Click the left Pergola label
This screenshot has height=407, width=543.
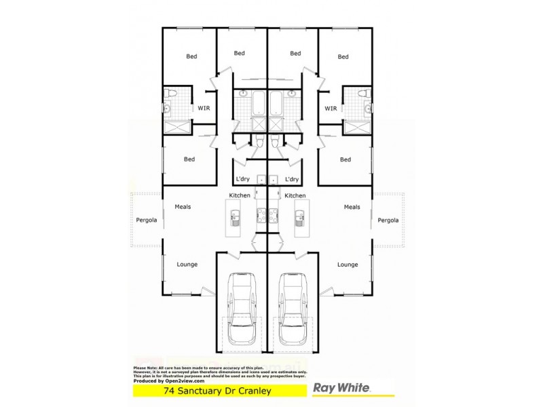click(x=146, y=220)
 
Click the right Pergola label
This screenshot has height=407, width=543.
click(x=388, y=220)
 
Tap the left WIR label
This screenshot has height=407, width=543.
click(x=204, y=108)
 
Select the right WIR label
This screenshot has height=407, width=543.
click(x=331, y=108)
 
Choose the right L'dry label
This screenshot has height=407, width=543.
click(x=292, y=179)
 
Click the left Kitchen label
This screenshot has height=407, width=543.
click(x=240, y=195)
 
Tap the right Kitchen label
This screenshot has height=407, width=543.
click(x=295, y=195)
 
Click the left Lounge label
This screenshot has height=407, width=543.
click(x=187, y=265)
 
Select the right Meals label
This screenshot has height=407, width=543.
click(x=352, y=207)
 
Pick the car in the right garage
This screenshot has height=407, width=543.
click(x=293, y=309)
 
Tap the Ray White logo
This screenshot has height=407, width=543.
click(x=341, y=389)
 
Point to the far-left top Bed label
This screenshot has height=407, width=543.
click(x=191, y=56)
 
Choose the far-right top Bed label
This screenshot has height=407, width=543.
click(x=343, y=56)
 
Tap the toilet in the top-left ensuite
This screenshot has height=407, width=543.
click(x=172, y=93)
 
